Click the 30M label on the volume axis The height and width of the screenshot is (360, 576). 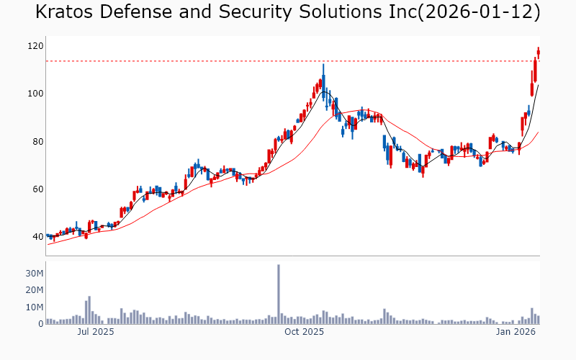click(x=35, y=274)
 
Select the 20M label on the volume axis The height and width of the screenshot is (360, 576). click(x=35, y=290)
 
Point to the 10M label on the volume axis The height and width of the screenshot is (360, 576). click(x=35, y=307)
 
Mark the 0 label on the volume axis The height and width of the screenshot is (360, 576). click(x=40, y=324)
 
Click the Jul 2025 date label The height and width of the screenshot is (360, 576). click(x=96, y=332)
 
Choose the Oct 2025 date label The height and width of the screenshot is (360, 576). click(x=305, y=332)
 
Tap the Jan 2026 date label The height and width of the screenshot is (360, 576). click(x=516, y=332)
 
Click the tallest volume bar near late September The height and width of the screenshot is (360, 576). click(x=279, y=294)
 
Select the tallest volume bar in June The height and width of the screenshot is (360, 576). click(x=89, y=310)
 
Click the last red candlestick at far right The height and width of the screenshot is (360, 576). click(x=539, y=53)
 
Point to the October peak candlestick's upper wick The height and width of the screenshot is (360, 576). click(x=323, y=68)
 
